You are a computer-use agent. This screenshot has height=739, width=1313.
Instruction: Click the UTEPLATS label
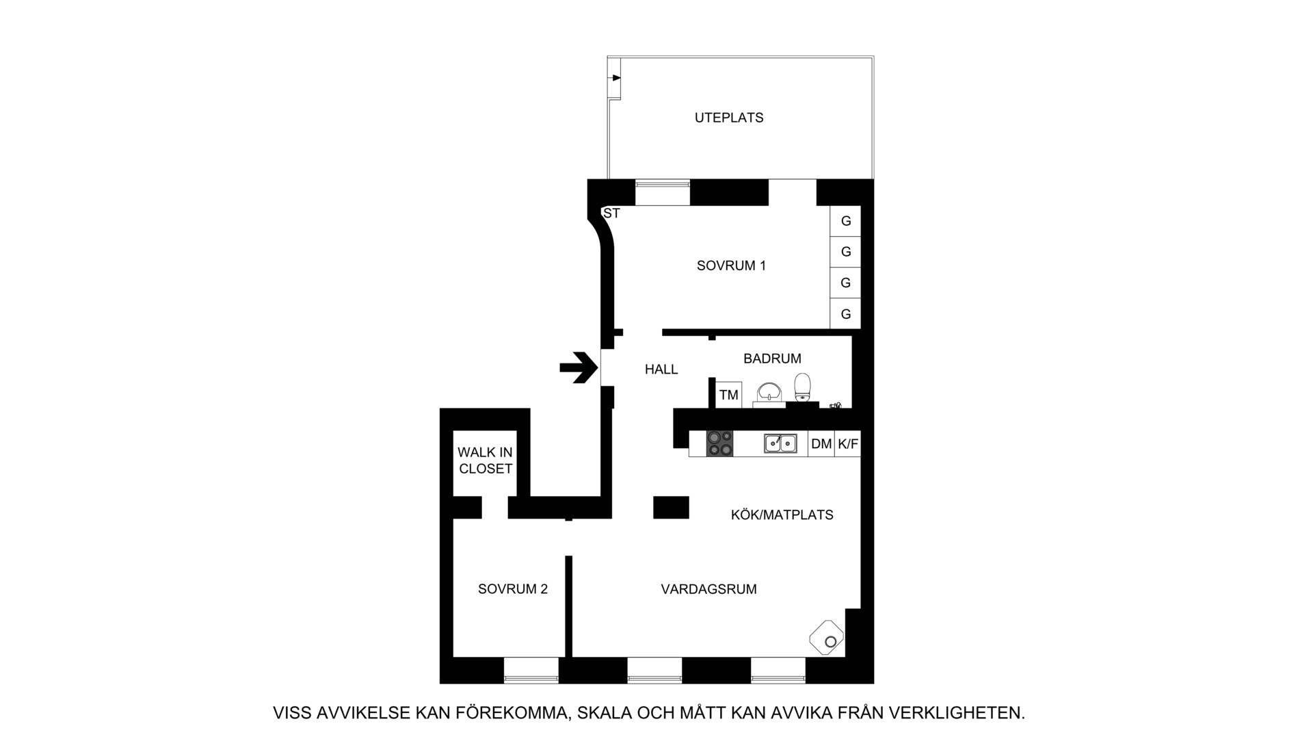[x=729, y=118]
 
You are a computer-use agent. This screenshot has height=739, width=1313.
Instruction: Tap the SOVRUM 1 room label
[x=731, y=265]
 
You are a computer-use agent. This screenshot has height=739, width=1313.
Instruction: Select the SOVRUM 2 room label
[x=513, y=589]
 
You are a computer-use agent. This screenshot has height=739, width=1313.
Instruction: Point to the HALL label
[x=661, y=369]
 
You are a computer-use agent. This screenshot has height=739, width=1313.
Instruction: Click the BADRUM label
[x=772, y=359]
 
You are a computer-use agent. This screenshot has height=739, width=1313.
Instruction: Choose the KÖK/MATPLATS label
[x=782, y=515]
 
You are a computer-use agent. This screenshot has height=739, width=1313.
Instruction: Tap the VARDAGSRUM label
[x=708, y=589]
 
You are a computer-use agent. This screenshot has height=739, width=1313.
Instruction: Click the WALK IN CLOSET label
[x=486, y=461]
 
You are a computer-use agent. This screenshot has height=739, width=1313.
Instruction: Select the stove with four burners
[x=719, y=443]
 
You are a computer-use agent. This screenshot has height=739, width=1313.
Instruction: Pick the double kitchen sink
[x=780, y=443]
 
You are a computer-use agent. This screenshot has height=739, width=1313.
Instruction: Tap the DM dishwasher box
[x=821, y=444]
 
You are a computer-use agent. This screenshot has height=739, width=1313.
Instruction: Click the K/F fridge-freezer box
[x=848, y=444]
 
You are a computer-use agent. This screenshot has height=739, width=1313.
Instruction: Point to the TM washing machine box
[x=729, y=395]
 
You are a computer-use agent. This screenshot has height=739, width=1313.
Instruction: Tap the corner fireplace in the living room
[x=827, y=638]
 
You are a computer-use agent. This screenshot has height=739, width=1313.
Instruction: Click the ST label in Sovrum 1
[x=611, y=213]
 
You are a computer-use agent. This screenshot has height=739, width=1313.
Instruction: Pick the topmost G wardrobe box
[x=845, y=221]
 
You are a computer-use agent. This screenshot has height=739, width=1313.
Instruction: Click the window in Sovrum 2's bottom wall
[x=531, y=670]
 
